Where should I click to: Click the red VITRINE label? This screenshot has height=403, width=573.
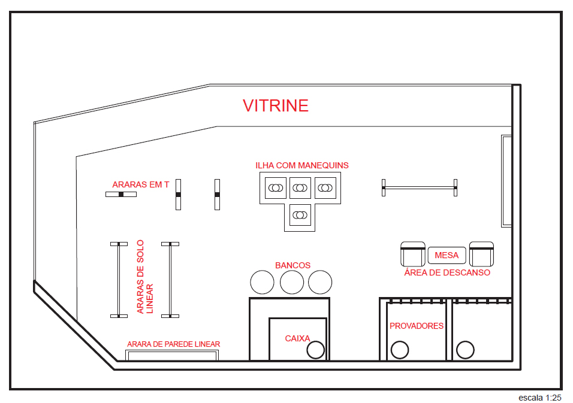275,106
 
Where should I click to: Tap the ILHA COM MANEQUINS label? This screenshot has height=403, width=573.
301,165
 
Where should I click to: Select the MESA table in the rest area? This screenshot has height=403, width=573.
447,255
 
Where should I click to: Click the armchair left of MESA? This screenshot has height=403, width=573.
412,254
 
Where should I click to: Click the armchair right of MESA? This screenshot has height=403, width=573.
481,254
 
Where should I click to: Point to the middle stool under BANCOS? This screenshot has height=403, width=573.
292,282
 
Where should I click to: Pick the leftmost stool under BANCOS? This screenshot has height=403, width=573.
262,282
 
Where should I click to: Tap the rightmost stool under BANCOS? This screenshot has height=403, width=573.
320,282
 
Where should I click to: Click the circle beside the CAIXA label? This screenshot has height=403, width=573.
315,350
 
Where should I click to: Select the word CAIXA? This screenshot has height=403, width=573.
297,338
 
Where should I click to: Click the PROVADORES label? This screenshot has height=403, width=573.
417,326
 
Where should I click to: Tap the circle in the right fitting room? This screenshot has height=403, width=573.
465,350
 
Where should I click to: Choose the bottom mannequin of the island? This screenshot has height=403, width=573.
300,214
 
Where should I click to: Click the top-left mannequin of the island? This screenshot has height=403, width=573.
275,188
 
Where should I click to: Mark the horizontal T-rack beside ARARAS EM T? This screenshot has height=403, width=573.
121,195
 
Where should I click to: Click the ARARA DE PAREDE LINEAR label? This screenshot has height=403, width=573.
173,344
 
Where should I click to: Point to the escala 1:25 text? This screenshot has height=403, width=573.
540,397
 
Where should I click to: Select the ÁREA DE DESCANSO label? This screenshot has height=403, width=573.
447,272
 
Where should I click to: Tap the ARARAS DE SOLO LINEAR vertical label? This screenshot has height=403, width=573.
144,277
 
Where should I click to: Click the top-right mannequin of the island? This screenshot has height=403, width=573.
325,188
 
